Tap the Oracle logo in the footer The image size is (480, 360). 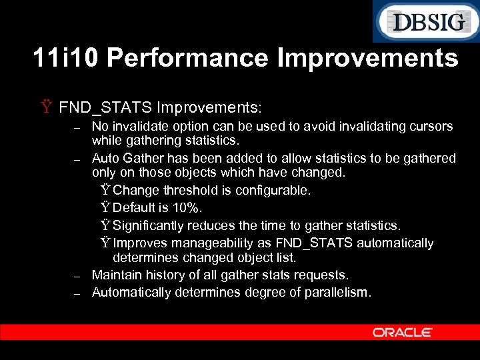tap(402, 332)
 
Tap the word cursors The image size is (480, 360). tap(431, 126)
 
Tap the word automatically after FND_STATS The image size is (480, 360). tap(394, 243)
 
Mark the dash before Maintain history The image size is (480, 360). tap(77, 275)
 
